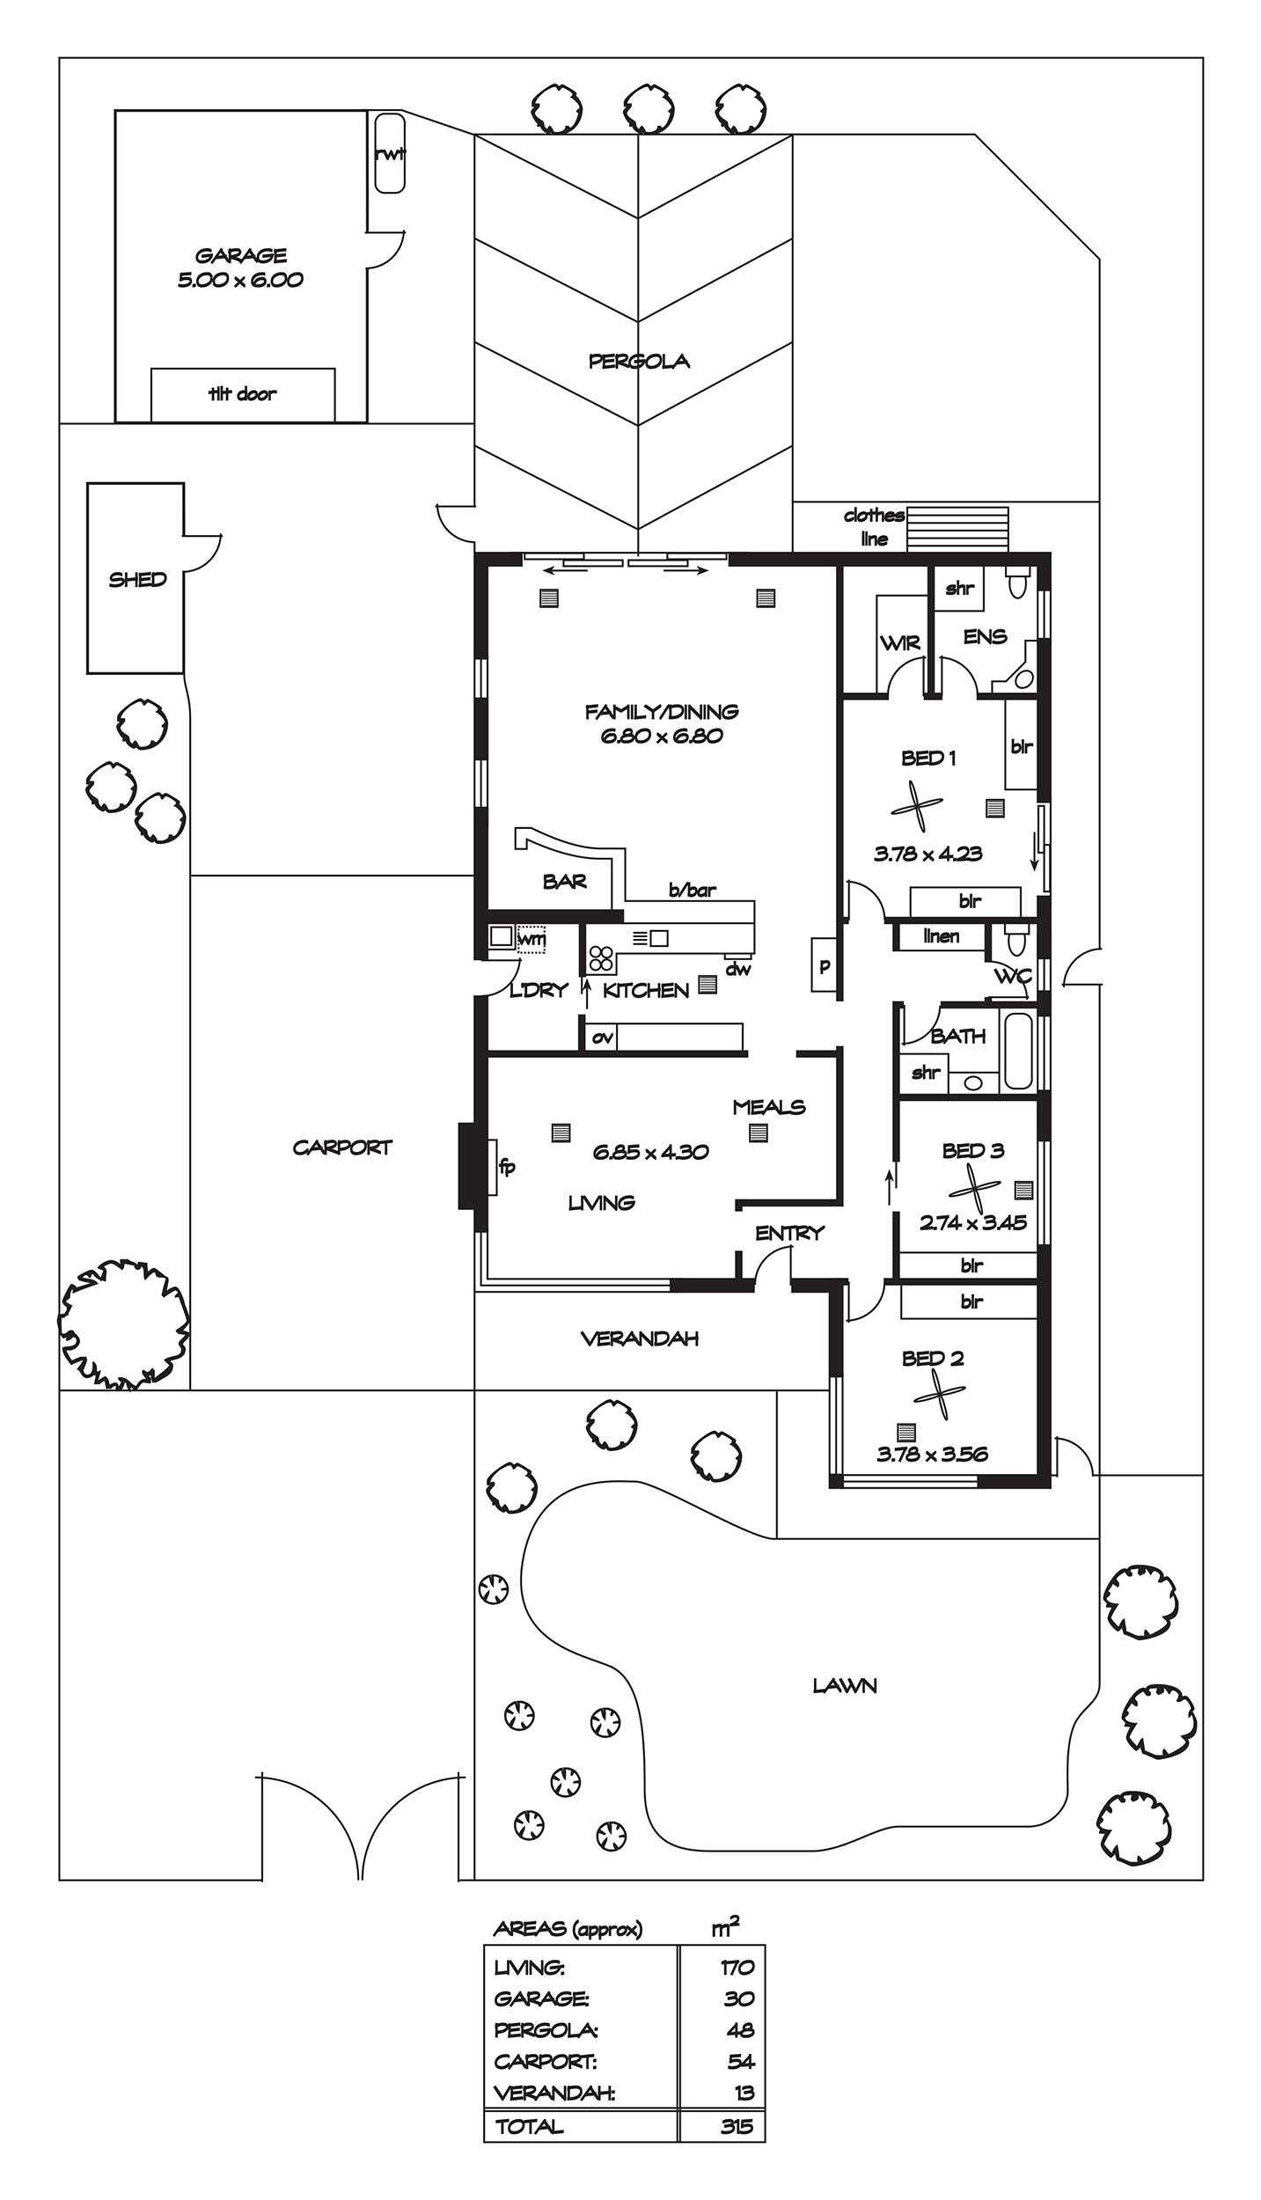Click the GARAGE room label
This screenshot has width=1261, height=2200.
tap(240, 256)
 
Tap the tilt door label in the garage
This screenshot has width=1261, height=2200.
tap(242, 394)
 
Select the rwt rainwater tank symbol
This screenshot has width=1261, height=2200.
tap(390, 152)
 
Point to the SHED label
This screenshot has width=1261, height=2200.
tap(137, 580)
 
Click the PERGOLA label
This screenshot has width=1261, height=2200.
tap(639, 361)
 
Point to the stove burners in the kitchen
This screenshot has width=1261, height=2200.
tap(601, 957)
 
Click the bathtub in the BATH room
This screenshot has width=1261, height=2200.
tap(1018, 1051)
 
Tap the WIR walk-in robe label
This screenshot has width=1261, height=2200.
tap(900, 642)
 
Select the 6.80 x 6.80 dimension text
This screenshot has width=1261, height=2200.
tap(662, 736)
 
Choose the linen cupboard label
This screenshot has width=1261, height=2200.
tap(941, 935)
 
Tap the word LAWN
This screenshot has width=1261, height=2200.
tap(845, 1685)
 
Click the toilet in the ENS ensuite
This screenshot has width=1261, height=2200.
tap(1018, 583)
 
